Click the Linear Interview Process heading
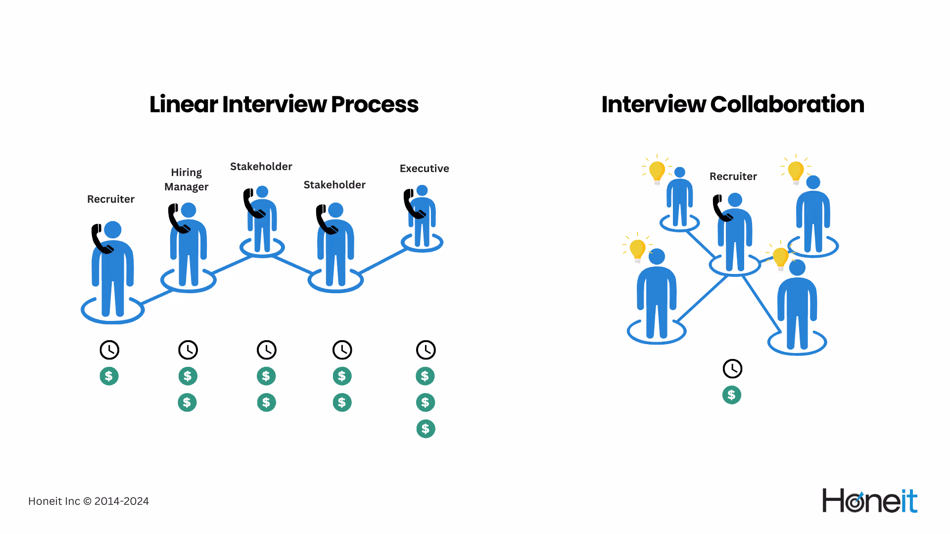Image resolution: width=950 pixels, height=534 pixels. coord(284,104)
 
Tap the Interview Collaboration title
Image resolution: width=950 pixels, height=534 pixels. coord(733,104)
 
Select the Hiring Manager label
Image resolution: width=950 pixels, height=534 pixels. coord(187,179)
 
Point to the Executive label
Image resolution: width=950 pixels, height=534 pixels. coord(425,169)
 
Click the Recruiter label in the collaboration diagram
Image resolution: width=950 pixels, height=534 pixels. coord(733,177)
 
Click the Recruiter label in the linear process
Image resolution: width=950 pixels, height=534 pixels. coord(111,199)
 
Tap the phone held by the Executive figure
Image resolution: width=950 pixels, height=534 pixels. coord(413,204)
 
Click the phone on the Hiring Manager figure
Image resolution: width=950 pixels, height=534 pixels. coord(178,219)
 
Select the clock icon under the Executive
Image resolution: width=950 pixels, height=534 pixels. coord(426,350)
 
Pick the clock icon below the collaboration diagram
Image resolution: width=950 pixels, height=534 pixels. coord(732,369)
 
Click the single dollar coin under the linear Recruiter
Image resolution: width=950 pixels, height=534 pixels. coord(109,376)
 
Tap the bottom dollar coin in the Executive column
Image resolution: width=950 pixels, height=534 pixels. coord(426,429)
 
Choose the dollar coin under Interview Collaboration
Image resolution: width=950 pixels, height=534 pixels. coord(732,395)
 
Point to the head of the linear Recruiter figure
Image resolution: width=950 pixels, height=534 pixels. coord(113,230)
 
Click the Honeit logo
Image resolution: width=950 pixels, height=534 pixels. coord(870,500)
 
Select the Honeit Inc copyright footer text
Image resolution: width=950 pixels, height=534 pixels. coord(89,501)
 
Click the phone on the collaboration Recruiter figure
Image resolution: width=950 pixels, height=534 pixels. coord(722,208)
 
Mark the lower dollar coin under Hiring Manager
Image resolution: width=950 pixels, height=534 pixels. coord(187,402)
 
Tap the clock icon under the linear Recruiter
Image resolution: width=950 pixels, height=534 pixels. coord(109,350)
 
